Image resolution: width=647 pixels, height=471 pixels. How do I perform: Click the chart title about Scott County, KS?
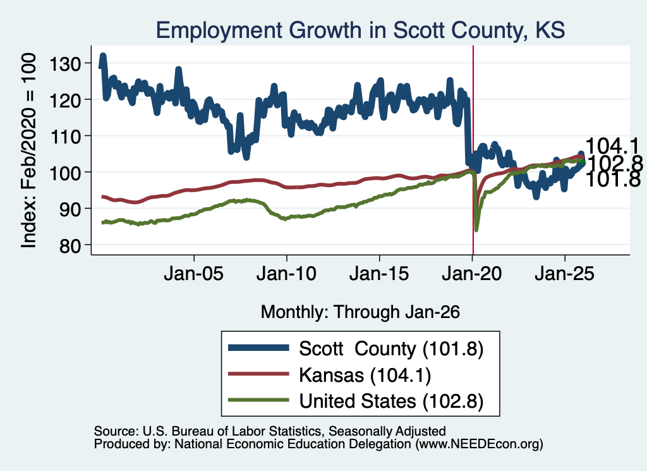tap(360, 30)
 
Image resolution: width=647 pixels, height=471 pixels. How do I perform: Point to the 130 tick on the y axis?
tap(64, 63)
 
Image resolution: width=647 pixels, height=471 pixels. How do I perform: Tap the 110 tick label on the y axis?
tap(64, 136)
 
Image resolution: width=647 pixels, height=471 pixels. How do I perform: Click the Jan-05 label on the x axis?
tap(193, 274)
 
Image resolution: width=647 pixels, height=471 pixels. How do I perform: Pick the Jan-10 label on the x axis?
tap(286, 274)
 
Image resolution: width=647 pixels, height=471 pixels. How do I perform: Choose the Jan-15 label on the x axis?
tap(379, 274)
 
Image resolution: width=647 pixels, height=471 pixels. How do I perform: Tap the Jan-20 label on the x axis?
tap(472, 274)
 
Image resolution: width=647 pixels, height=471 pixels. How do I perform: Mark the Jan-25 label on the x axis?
tap(564, 274)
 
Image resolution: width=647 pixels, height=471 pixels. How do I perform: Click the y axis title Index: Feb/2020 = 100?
tap(28, 150)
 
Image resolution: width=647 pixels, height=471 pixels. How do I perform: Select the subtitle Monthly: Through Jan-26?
tap(360, 312)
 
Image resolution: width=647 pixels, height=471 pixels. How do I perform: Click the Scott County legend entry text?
tap(391, 349)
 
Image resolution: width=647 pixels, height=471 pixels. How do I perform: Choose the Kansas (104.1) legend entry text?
tap(365, 376)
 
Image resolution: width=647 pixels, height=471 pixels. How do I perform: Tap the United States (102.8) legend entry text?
tap(391, 401)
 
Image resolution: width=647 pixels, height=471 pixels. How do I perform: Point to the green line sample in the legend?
tap(258, 400)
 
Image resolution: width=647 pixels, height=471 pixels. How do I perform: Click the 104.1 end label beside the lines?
tap(612, 145)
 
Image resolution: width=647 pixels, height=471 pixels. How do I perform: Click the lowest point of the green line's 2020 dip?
tap(476, 230)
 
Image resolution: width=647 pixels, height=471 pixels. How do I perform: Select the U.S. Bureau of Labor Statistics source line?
tap(270, 431)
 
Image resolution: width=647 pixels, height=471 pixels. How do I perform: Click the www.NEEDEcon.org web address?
tap(479, 444)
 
